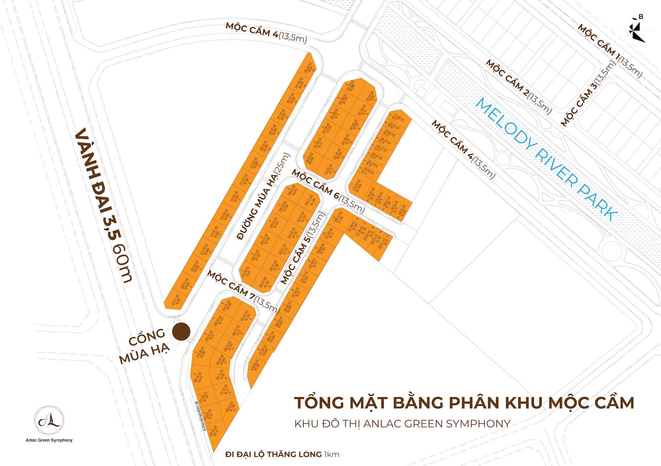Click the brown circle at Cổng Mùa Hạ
[181, 332]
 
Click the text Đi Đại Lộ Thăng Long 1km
[282, 454]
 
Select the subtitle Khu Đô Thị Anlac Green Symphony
[402, 424]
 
